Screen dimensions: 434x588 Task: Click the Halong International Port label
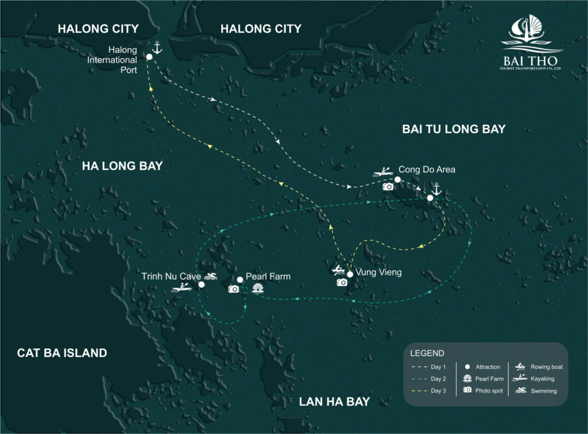coord(120,60)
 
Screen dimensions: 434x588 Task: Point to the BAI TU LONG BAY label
coord(454,129)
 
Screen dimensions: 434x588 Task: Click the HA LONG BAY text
coord(122,166)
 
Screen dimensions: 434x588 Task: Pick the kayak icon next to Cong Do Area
coord(382,170)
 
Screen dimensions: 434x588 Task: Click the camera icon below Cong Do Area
coord(388,186)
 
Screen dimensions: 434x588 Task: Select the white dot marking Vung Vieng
coord(350,274)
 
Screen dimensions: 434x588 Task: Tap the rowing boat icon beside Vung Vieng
coord(339,270)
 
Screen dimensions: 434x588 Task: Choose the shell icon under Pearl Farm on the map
coord(256,289)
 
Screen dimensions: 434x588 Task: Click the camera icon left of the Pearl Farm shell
coord(233,289)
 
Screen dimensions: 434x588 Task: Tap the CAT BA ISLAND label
coord(62,352)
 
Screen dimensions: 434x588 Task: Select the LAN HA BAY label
coord(334,401)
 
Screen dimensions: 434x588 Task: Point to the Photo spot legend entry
coord(481,390)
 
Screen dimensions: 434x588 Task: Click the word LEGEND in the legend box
coord(427,352)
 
